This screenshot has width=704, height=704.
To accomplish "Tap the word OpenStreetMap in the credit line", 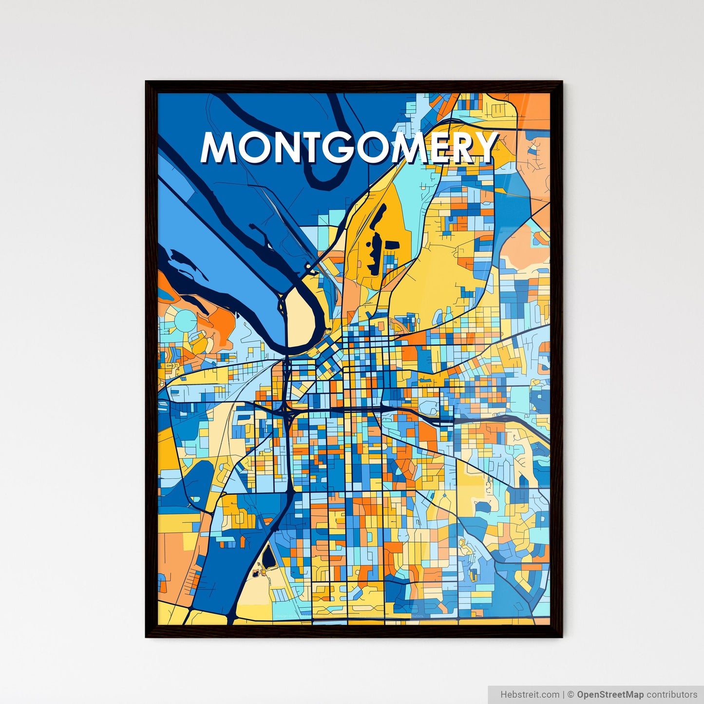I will coord(610,694).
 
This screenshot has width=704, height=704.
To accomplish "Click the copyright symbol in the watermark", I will coord(571,694).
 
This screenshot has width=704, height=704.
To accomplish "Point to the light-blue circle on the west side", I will coord(185,320).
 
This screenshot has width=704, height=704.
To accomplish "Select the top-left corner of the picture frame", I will coord(146,81).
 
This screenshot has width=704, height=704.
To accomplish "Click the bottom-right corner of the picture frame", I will coord(562,637).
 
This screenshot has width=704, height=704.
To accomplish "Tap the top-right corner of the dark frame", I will coord(562,81).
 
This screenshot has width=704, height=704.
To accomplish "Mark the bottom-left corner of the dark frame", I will coord(146,637).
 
